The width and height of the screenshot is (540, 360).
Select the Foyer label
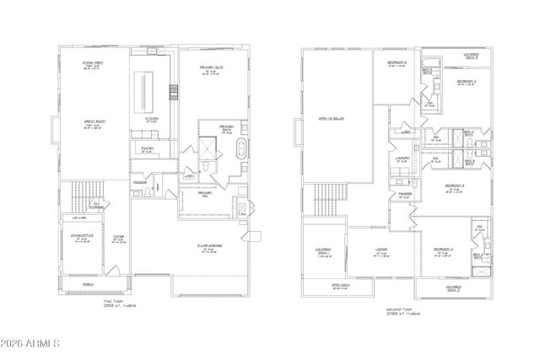118,239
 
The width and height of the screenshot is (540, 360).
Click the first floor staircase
83,196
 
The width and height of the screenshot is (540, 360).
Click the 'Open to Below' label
332,118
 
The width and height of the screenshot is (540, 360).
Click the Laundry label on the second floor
402,159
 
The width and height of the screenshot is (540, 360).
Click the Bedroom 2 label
445,250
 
